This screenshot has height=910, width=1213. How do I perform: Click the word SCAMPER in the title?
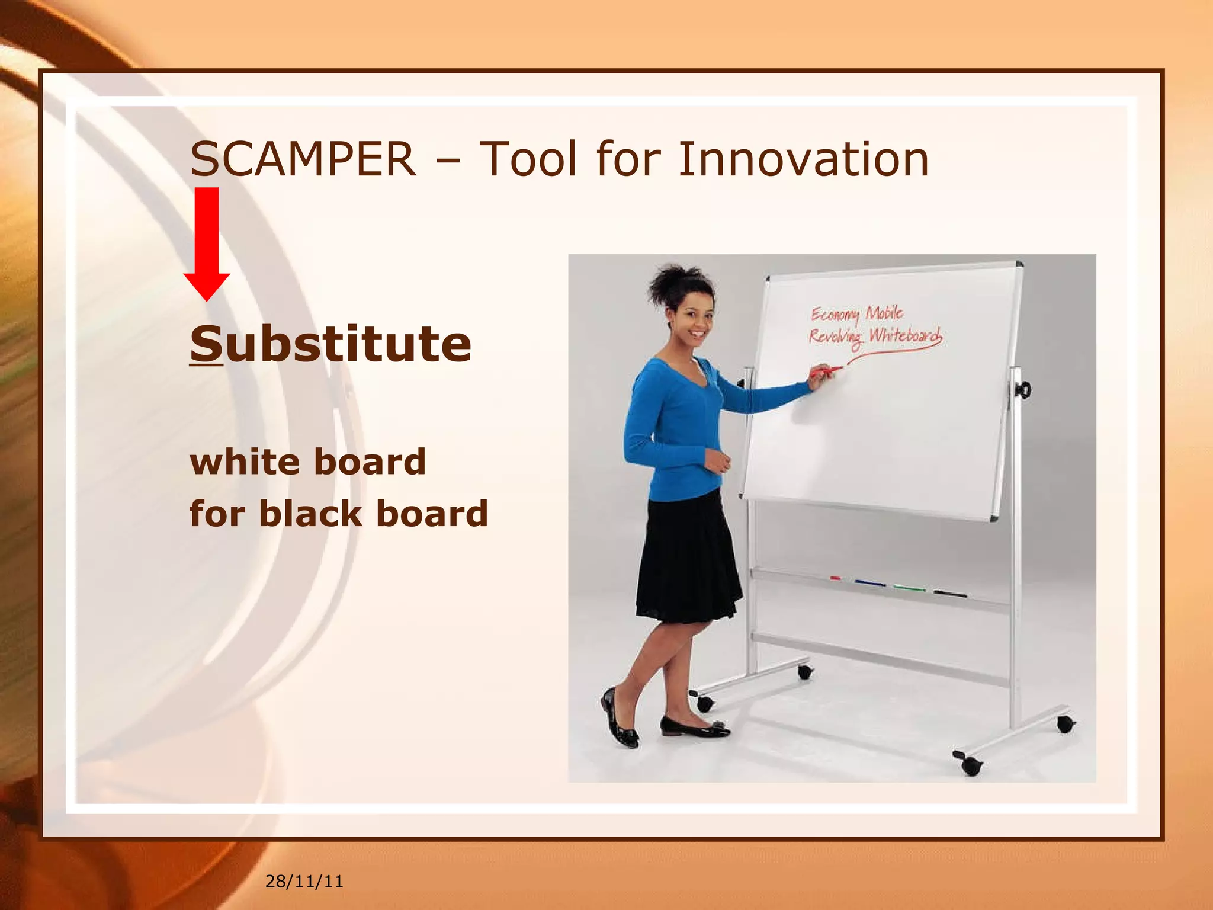click(x=303, y=160)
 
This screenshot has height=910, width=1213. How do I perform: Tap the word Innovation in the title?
click(x=803, y=160)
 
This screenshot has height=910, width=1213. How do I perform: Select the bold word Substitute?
click(x=330, y=344)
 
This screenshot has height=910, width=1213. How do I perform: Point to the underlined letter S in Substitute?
click(x=206, y=344)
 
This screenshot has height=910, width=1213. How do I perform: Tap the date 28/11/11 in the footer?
click(x=304, y=882)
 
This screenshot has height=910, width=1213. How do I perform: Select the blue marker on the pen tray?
click(x=870, y=584)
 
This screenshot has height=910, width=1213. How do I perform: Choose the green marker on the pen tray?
click(x=909, y=588)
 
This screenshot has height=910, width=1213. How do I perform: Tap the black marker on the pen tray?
click(x=950, y=593)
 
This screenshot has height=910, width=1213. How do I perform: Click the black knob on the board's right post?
click(x=1022, y=390)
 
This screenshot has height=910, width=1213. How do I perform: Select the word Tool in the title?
click(x=527, y=160)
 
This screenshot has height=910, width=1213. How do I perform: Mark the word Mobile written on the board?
click(x=884, y=313)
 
